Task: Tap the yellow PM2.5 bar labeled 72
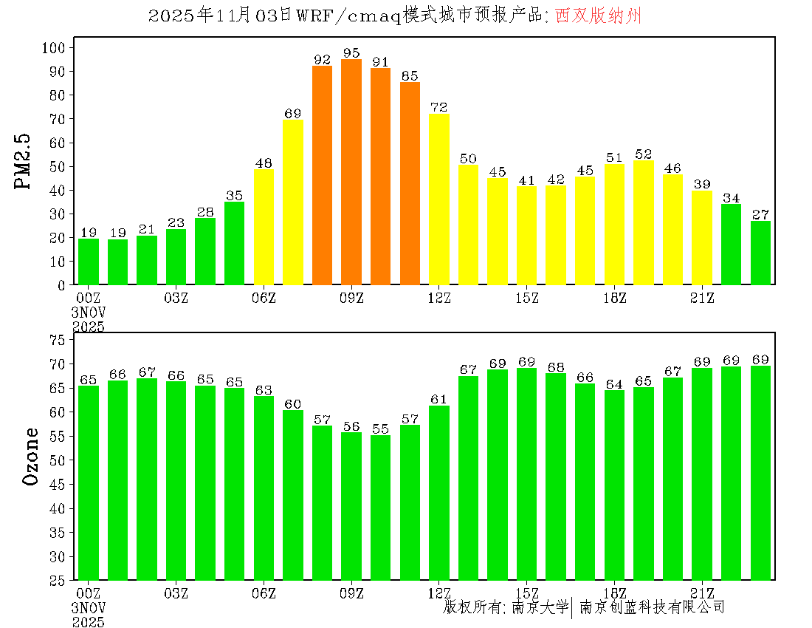pos(439,199)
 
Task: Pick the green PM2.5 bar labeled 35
pos(235,243)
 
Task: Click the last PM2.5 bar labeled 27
pos(760,253)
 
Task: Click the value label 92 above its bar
pos(322,60)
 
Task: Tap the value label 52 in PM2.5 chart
pos(644,154)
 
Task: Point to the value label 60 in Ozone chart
pos(293,404)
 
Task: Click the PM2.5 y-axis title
pos(24,162)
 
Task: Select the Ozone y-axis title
pos(31,456)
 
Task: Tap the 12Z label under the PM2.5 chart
pos(439,298)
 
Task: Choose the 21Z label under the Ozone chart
pos(702,593)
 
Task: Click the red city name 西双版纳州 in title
pos(598,16)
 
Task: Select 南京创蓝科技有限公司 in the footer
pos(652,607)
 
